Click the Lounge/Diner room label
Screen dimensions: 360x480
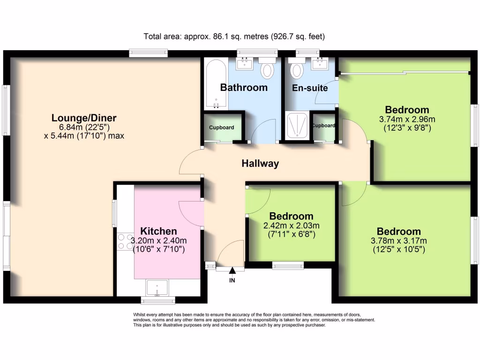(x=84, y=118)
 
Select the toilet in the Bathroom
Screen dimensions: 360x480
(x=267, y=70)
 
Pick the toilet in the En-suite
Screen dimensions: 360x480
(x=297, y=70)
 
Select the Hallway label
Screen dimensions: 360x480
(x=260, y=164)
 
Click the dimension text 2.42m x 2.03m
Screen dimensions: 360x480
(x=291, y=225)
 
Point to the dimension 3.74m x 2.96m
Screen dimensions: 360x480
(x=404, y=119)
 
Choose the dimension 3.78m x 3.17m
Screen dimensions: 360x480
(x=399, y=241)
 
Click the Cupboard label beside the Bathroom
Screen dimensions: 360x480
(x=221, y=127)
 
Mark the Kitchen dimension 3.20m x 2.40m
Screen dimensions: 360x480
(x=158, y=241)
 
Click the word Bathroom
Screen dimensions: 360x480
(x=244, y=87)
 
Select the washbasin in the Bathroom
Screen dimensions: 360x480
(x=245, y=63)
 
